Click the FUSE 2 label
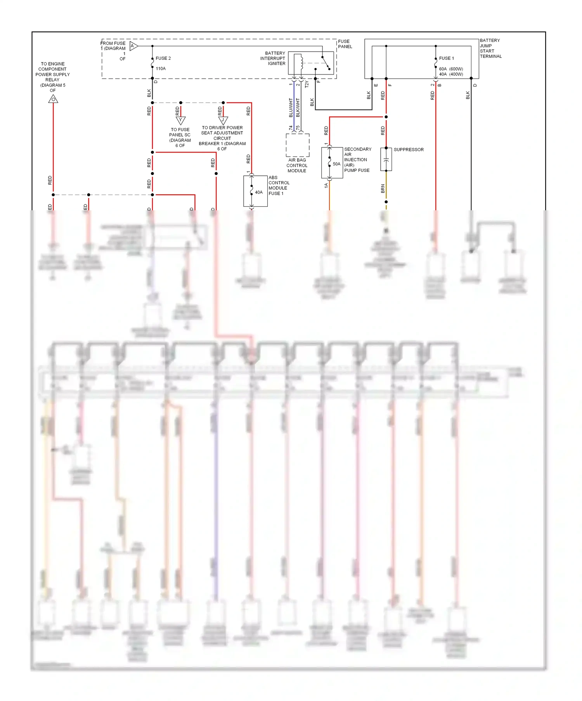pos(163,58)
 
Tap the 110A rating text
pos(161,69)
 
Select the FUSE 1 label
pos(446,58)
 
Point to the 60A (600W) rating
pos(451,69)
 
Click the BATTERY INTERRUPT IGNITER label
pos(273,59)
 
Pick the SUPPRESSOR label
pos(409,150)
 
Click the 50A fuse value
pos(336,164)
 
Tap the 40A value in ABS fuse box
pos(259,192)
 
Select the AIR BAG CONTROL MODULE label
pos(297,166)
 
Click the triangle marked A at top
pos(133,46)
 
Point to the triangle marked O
pos(53,100)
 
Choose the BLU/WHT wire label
pos(291,107)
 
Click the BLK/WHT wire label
pos(298,107)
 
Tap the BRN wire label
pos(383,189)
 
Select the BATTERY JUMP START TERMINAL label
pos(490,48)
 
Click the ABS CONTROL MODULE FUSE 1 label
pos(279,185)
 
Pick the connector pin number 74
pos(291,128)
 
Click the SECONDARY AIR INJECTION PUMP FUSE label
pos(357,160)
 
